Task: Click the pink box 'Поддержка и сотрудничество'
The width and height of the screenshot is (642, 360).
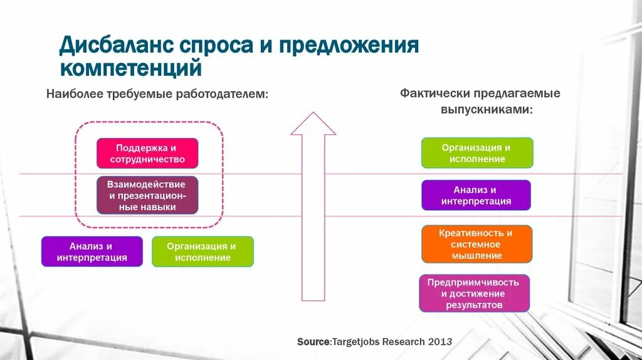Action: [x=147, y=154]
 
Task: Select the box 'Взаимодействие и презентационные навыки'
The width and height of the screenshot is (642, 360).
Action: [x=147, y=196]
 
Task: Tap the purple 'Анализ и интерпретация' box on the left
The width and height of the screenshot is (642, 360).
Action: [x=92, y=251]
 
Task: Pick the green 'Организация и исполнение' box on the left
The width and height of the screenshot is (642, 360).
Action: [x=203, y=251]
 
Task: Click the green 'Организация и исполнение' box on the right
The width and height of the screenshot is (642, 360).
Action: [x=476, y=153]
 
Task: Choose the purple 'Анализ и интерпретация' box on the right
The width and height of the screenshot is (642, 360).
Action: [x=476, y=195]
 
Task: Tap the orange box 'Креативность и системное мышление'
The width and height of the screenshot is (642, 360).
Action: [x=476, y=244]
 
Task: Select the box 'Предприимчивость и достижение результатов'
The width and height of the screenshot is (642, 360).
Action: [x=474, y=294]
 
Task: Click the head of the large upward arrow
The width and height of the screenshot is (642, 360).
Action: [x=313, y=124]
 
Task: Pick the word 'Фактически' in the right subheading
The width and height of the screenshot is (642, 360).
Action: [x=435, y=93]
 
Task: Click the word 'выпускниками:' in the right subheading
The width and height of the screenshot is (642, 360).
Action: [x=486, y=109]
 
